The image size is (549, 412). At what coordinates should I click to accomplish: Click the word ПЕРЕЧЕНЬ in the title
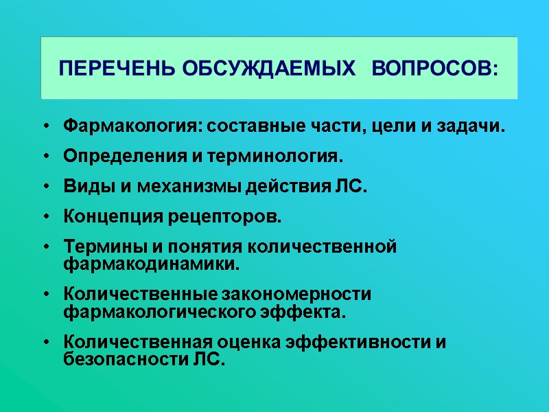click(117, 69)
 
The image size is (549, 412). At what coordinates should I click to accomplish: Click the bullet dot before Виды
click(45, 187)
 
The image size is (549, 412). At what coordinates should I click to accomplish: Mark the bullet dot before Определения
click(45, 157)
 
